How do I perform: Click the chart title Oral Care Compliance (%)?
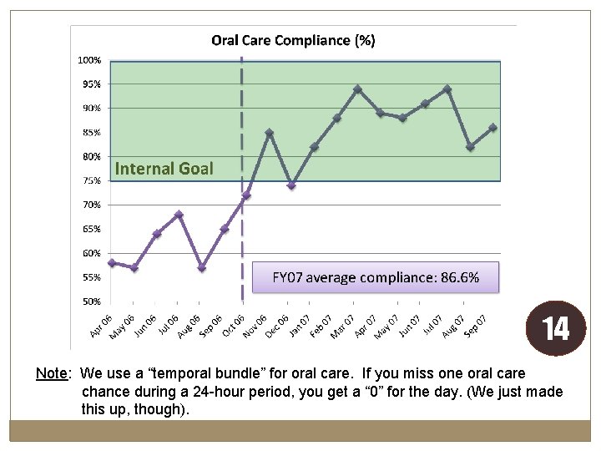(293, 41)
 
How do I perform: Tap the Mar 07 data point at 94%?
(357, 89)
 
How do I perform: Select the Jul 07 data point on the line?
(447, 89)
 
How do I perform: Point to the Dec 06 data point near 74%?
(291, 185)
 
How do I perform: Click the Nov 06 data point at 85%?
(269, 133)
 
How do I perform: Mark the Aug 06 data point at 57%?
(202, 268)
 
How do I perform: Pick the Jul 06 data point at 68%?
(179, 215)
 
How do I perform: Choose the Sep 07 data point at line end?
(493, 128)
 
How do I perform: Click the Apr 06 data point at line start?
(112, 263)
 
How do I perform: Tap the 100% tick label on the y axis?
(89, 60)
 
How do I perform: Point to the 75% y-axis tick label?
(92, 180)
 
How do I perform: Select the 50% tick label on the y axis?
(92, 302)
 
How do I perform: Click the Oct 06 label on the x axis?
(233, 326)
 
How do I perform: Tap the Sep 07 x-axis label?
(475, 326)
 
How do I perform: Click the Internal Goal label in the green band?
(164, 169)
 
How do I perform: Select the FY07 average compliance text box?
(376, 277)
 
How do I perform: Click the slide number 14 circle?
(556, 328)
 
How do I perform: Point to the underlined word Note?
(52, 373)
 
